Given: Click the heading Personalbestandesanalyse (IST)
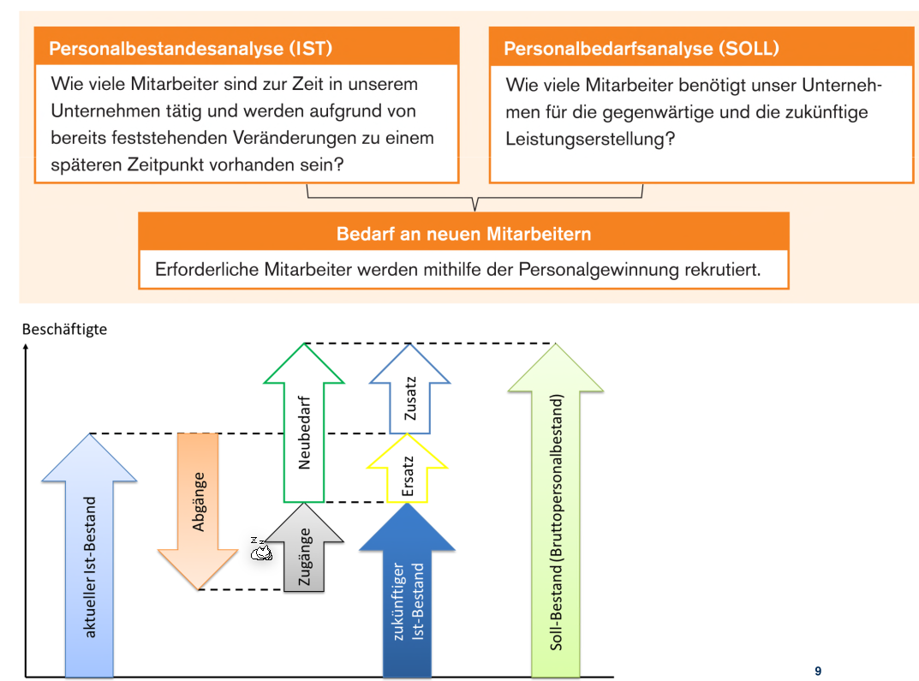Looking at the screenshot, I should [x=190, y=48].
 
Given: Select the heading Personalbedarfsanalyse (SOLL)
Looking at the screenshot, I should [x=641, y=48].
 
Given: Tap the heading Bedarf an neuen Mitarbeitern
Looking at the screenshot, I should [x=463, y=234].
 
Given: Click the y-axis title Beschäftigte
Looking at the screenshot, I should [x=65, y=329].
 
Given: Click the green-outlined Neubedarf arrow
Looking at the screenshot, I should [x=304, y=428].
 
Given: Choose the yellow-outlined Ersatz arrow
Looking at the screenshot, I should [x=407, y=471].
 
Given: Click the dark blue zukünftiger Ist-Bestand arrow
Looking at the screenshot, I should [x=407, y=600].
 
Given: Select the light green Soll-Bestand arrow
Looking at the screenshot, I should [x=557, y=514].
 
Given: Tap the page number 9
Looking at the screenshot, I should [x=818, y=671].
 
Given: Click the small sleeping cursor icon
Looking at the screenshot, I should [x=260, y=550].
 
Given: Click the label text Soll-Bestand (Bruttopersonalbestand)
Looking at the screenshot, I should [x=557, y=523].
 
